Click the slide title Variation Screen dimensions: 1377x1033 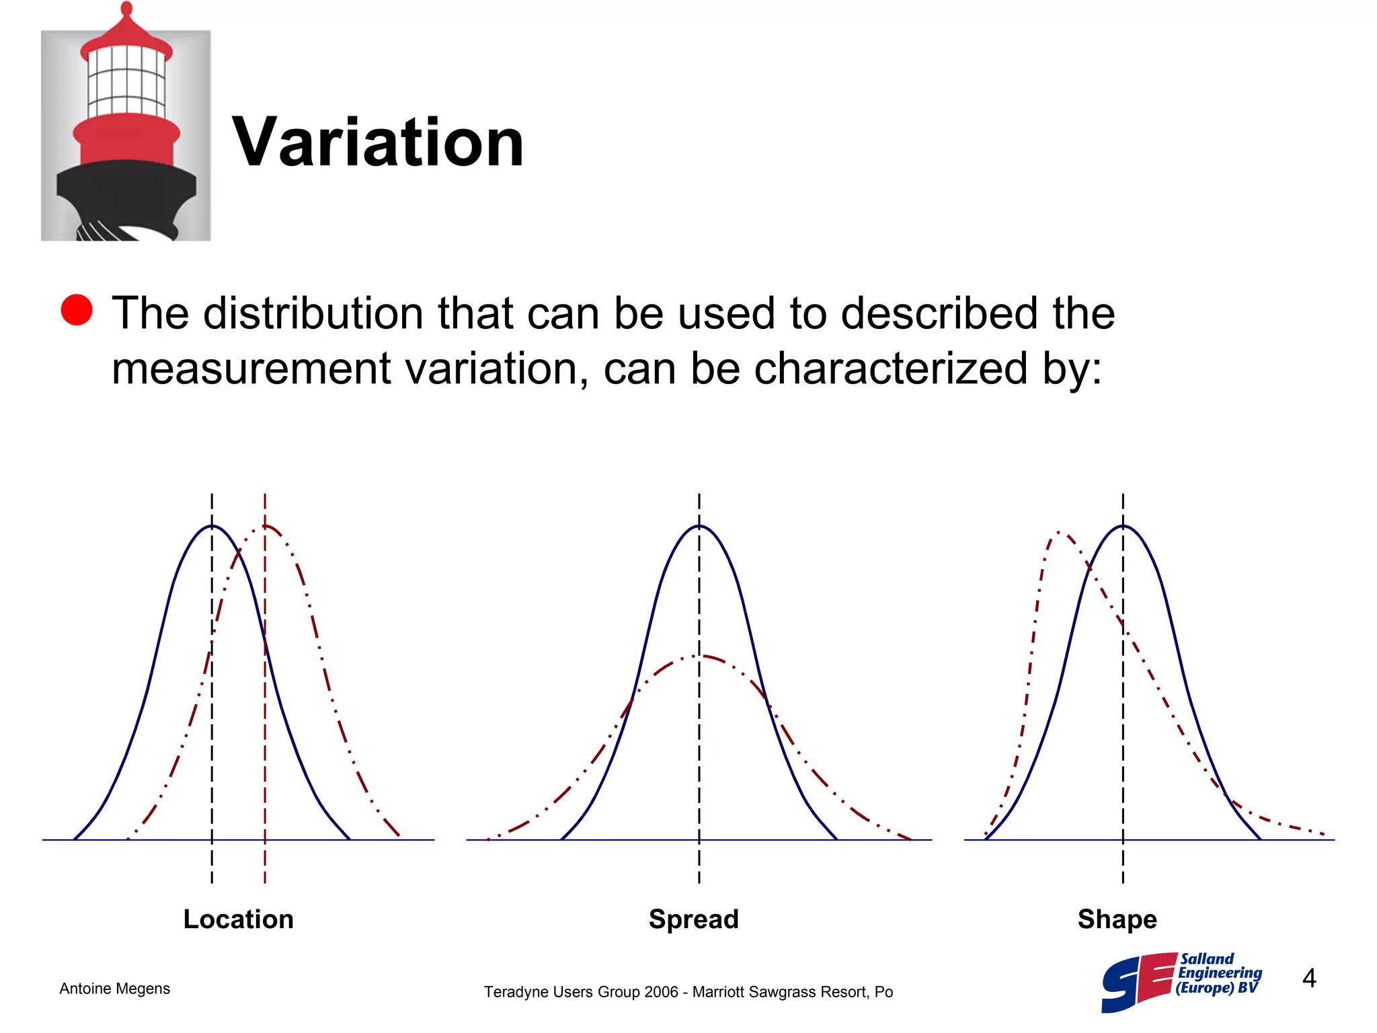(378, 142)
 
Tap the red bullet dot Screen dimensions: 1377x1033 (77, 310)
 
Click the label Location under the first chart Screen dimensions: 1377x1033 (239, 919)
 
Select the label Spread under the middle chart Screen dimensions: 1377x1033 (694, 919)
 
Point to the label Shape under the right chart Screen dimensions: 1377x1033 (1117, 919)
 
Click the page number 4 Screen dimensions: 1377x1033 (1309, 978)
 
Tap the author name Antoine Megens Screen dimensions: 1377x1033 (115, 989)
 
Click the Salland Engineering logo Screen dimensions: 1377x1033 (1182, 982)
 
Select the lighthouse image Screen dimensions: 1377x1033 (126, 122)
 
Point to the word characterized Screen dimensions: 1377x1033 (891, 369)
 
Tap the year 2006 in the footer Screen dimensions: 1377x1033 (661, 992)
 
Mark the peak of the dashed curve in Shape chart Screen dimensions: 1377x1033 (1060, 533)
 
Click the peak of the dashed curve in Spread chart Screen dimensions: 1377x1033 (699, 655)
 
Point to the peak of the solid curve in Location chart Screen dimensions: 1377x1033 (212, 526)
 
